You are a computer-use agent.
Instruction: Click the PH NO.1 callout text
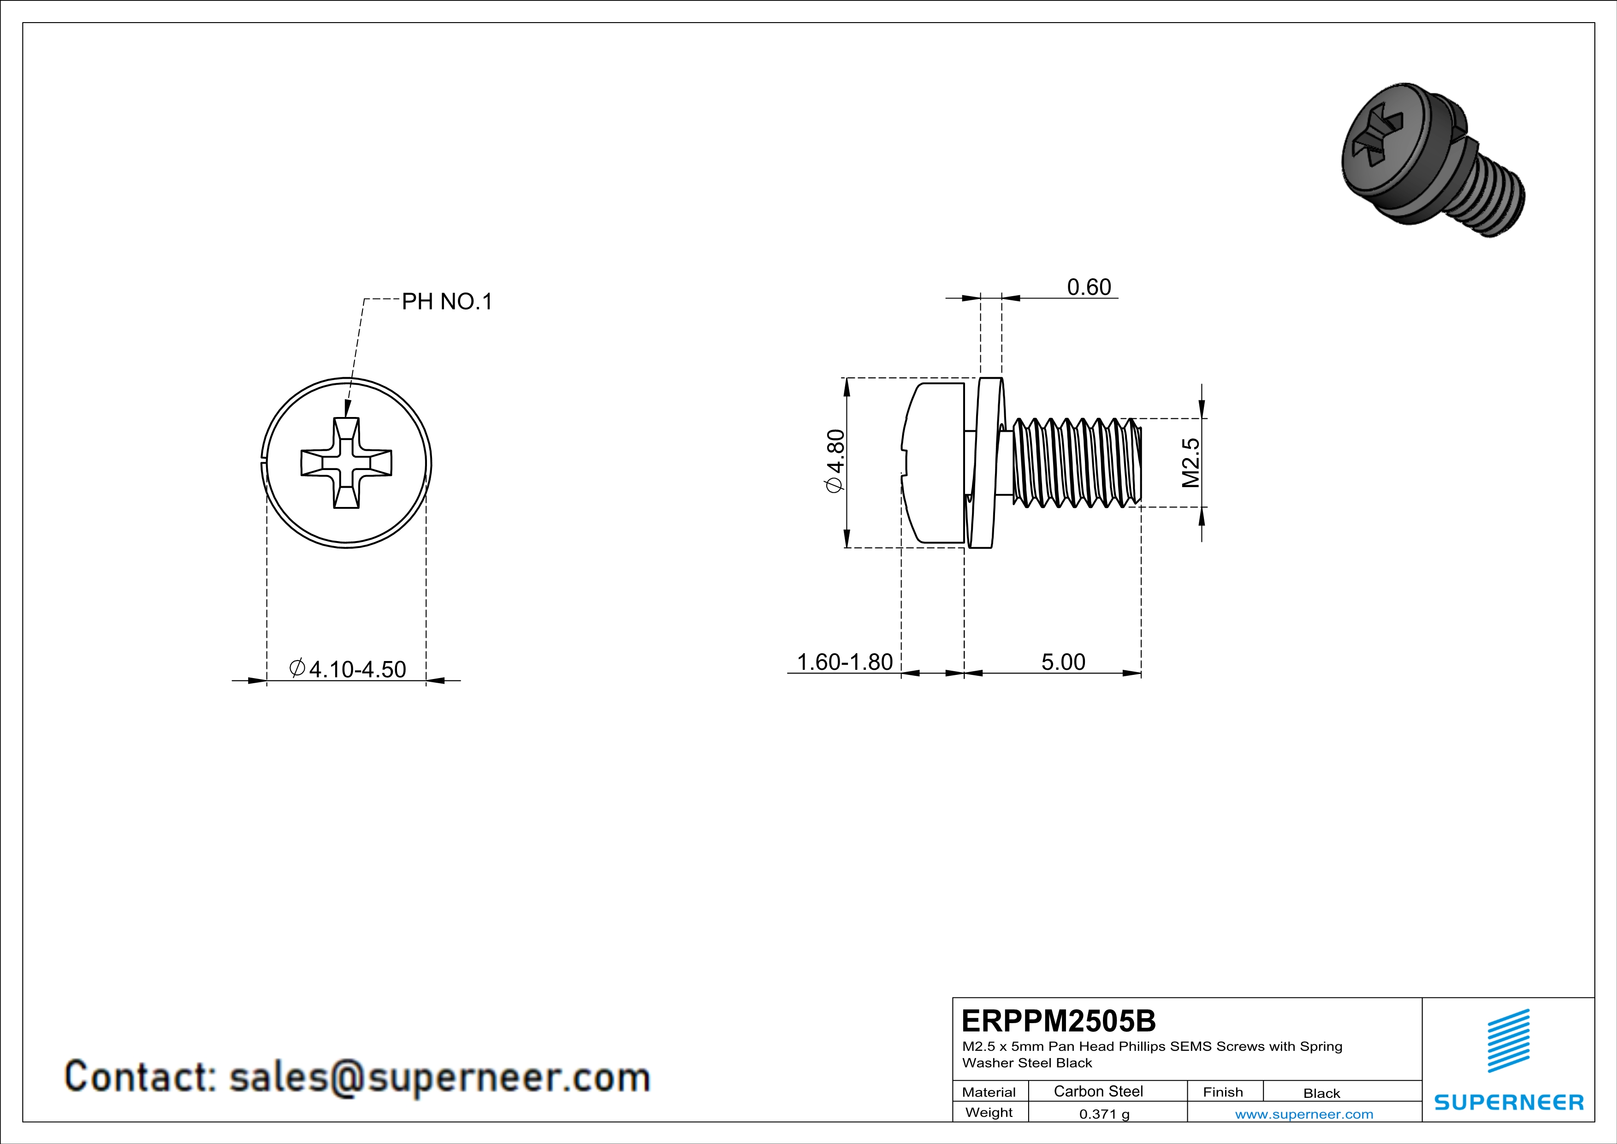click(x=446, y=302)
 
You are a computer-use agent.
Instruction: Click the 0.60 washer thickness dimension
click(x=1088, y=287)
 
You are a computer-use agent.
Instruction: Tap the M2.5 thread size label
click(x=1190, y=462)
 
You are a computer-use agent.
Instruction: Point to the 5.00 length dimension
click(x=1063, y=661)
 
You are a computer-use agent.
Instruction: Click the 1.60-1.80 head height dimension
click(x=844, y=661)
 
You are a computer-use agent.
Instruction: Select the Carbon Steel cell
click(x=1098, y=1091)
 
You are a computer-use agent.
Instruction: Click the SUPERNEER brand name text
click(x=1509, y=1102)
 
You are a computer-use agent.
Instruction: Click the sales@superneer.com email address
click(x=439, y=1078)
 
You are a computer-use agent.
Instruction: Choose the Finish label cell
click(x=1223, y=1092)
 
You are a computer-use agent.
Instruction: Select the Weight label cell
click(x=989, y=1112)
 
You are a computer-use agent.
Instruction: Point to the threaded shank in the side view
click(x=1076, y=462)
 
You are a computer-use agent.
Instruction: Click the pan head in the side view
click(x=933, y=462)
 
